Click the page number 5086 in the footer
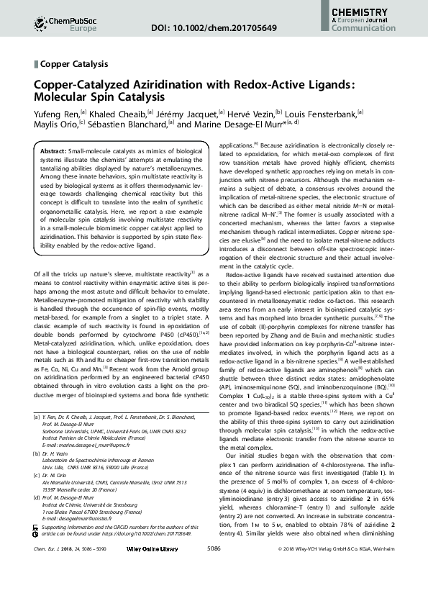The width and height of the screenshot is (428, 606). point(213,588)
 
